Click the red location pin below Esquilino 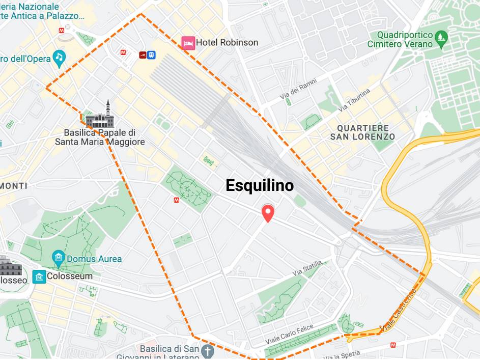tap(267, 213)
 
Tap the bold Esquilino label tap(260, 186)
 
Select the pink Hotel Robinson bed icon tap(188, 43)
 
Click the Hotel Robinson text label tap(227, 42)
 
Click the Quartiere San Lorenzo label tap(362, 132)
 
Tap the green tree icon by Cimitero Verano tap(441, 36)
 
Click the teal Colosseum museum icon tap(39, 276)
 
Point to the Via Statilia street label tap(307, 269)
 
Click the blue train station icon tap(151, 54)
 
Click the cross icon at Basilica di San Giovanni tap(207, 351)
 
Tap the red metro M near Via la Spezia tap(393, 345)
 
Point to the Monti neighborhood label tap(13, 186)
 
